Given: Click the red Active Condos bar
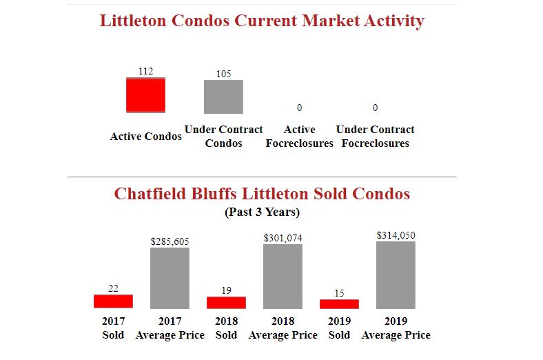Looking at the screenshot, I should [145, 95].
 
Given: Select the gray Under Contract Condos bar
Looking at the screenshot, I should [223, 97].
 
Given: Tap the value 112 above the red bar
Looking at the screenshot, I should [145, 71].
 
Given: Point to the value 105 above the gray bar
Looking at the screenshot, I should [223, 74].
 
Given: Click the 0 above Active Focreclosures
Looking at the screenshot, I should [299, 108].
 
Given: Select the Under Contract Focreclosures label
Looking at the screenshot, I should [375, 137].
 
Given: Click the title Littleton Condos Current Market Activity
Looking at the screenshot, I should [262, 21].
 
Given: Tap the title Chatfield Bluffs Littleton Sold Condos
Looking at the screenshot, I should [262, 193].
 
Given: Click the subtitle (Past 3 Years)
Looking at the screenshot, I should [262, 212].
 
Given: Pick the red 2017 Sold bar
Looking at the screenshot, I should [113, 301].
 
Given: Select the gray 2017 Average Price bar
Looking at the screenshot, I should [170, 278].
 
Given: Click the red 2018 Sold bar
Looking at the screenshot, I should [226, 303].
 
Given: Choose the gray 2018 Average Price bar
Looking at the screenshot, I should [283, 276].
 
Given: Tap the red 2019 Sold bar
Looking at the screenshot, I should [339, 304].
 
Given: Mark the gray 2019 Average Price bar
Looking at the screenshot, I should [396, 274].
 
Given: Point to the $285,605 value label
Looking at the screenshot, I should [170, 241].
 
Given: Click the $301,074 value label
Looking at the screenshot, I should [283, 238].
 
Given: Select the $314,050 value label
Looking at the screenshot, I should [396, 235].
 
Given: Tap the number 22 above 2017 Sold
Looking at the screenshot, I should [113, 288].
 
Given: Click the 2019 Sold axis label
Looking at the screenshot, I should [339, 328].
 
